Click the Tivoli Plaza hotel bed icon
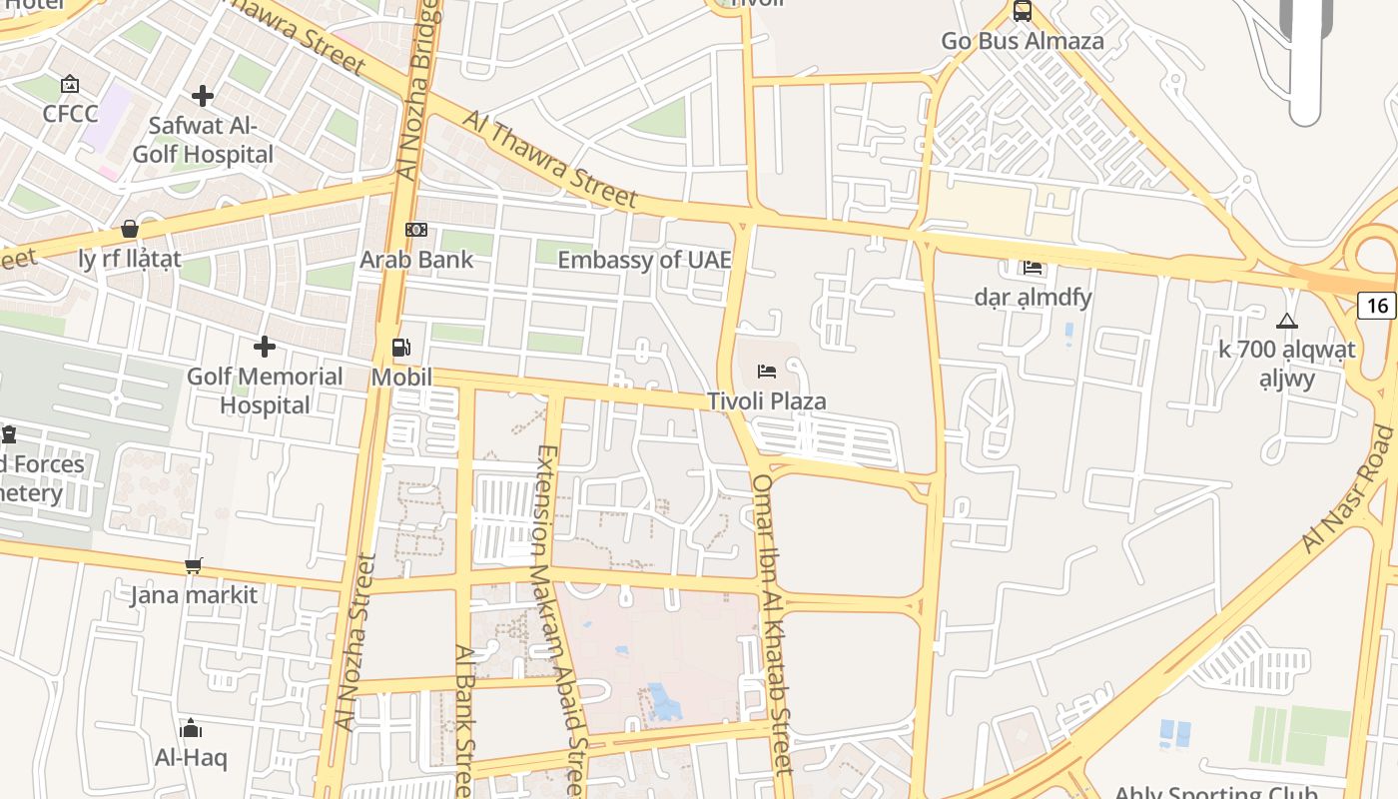pos(767,372)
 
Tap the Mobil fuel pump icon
pos(401,348)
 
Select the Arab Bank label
pos(416,260)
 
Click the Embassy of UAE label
pos(644,260)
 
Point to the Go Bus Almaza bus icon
pos(1023,12)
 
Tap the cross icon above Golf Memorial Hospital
pos(265,347)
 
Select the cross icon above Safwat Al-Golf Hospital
pos(203,96)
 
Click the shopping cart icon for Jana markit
pos(194,566)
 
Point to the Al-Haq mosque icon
pos(191,728)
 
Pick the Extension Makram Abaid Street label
pos(559,619)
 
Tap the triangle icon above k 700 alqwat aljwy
pos(1287,322)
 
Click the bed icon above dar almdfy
pos(1033,267)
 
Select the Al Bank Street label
pos(464,719)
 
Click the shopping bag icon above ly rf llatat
pos(129,229)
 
